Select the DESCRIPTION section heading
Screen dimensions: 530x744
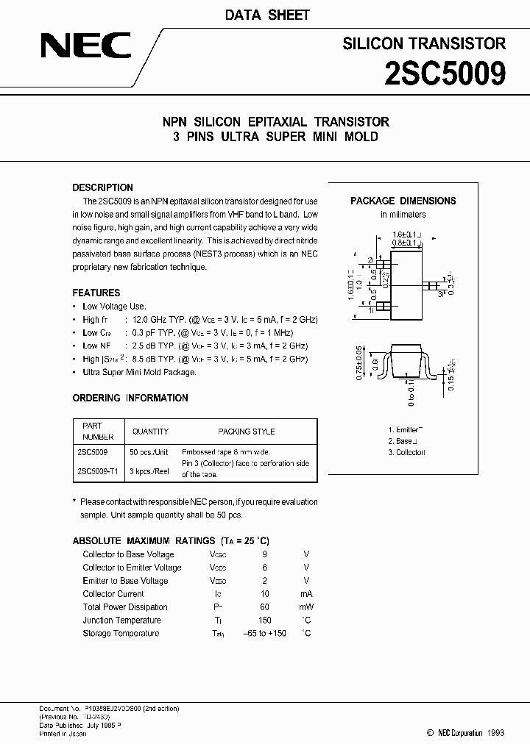tap(102, 187)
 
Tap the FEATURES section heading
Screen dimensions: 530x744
tap(96, 293)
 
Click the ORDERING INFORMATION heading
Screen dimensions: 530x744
tap(130, 398)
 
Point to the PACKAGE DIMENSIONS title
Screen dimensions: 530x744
tap(403, 201)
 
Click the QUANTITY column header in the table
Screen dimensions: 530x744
tap(150, 432)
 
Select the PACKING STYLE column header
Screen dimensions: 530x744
tap(246, 432)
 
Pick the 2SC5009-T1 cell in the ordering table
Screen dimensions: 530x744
tap(99, 470)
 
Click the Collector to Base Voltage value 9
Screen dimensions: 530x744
tap(265, 554)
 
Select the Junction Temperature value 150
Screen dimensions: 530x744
tap(265, 620)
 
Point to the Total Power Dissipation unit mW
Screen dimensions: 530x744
tap(306, 607)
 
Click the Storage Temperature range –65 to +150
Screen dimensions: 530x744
tap(264, 633)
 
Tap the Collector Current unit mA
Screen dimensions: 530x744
tap(306, 594)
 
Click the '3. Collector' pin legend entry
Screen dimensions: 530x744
tap(406, 452)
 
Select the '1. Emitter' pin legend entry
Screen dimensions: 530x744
tap(405, 429)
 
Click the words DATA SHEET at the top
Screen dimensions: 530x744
tap(266, 15)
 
